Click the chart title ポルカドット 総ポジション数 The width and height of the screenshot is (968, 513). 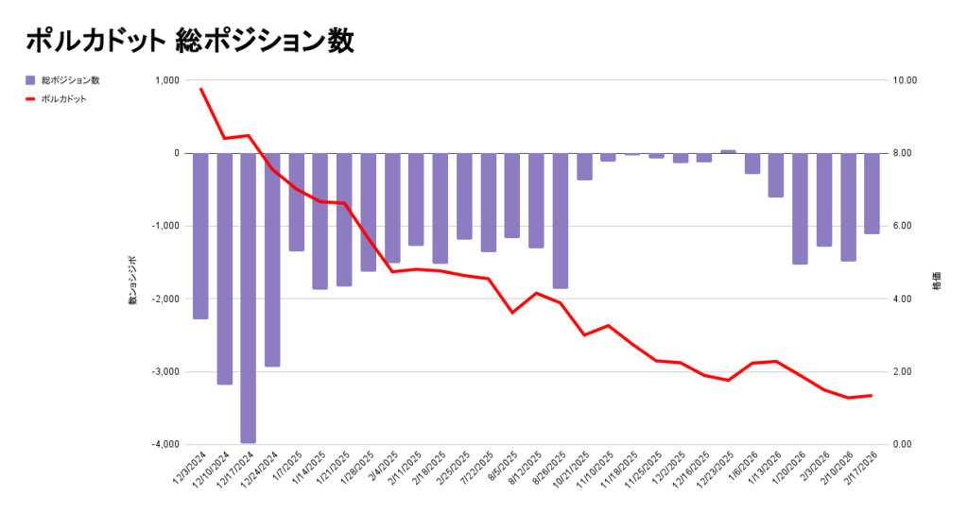[189, 41]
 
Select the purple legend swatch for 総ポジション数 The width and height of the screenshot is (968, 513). [30, 80]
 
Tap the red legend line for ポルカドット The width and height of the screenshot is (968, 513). [30, 98]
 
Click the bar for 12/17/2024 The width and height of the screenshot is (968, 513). [249, 298]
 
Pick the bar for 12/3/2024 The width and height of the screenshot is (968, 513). [200, 236]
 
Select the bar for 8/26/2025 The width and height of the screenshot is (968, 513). [561, 220]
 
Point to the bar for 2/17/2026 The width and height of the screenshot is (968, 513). [872, 193]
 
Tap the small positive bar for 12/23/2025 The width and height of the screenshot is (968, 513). [728, 151]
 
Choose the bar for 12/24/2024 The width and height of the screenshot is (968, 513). [272, 260]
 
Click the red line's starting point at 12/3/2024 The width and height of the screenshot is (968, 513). [200, 88]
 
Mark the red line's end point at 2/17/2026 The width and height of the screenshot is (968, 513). [872, 395]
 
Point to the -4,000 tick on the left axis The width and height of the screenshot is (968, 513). [164, 444]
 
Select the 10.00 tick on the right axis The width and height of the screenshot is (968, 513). [906, 80]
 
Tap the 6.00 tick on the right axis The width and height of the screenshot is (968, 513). [904, 226]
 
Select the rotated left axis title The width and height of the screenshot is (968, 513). [133, 280]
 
